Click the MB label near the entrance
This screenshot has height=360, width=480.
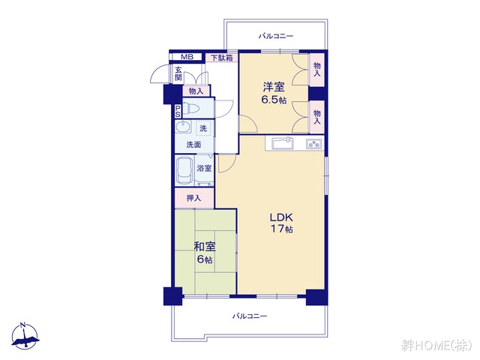coord(186,57)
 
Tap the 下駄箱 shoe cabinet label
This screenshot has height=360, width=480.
coord(221,58)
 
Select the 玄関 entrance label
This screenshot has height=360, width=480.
coord(178,73)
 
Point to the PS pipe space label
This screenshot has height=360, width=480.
coord(178,110)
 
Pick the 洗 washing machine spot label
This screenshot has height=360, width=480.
coord(202,128)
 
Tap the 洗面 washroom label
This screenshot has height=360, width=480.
coord(193,144)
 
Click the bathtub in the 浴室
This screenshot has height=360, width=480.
coord(184,169)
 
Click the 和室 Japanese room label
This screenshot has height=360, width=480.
coord(205,246)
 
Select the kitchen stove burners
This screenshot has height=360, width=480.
coord(313,143)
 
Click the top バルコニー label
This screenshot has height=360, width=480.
coord(275,35)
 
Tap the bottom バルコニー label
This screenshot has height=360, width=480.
coord(250,316)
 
